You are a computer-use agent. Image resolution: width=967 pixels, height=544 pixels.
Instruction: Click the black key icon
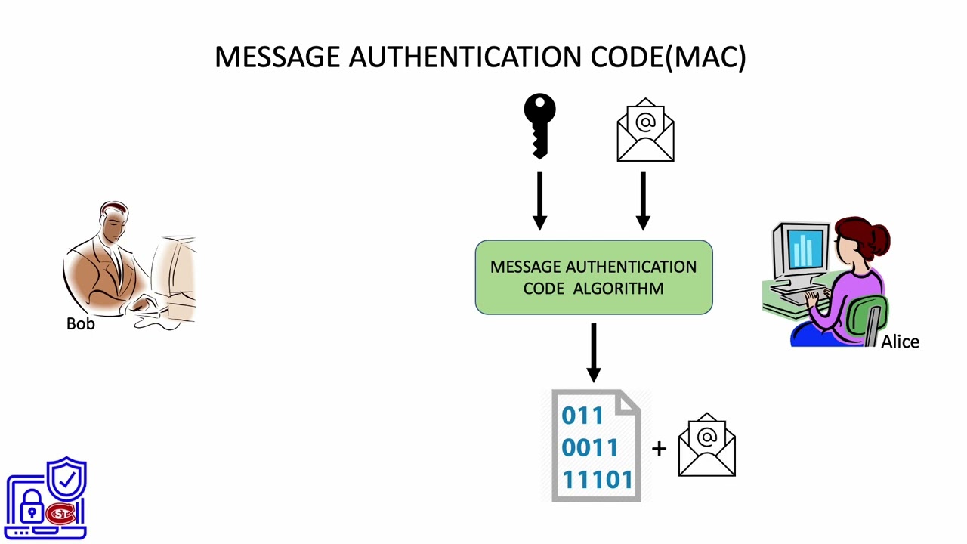point(539,125)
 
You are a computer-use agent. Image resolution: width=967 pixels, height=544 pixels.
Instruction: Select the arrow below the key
point(539,200)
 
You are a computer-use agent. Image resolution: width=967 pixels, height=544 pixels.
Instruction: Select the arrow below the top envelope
point(643,200)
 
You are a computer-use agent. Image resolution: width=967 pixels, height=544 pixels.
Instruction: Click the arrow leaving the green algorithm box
point(594,352)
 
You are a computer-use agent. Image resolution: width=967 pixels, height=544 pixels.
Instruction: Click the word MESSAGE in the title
point(277,57)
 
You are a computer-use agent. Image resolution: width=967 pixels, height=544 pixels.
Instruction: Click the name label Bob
point(81,324)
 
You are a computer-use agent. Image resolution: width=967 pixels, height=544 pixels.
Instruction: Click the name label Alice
point(900,342)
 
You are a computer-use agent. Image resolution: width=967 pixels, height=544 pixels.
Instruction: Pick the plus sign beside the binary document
point(659,449)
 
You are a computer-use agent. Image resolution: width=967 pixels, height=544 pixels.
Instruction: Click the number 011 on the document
point(582,416)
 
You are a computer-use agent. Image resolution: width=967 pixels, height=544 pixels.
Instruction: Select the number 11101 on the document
point(597,480)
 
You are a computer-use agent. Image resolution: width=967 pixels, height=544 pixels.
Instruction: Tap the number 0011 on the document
point(590,448)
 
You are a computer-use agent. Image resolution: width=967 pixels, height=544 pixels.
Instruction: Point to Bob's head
point(114,220)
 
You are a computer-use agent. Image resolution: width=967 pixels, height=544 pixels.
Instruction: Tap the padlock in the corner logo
point(32,508)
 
